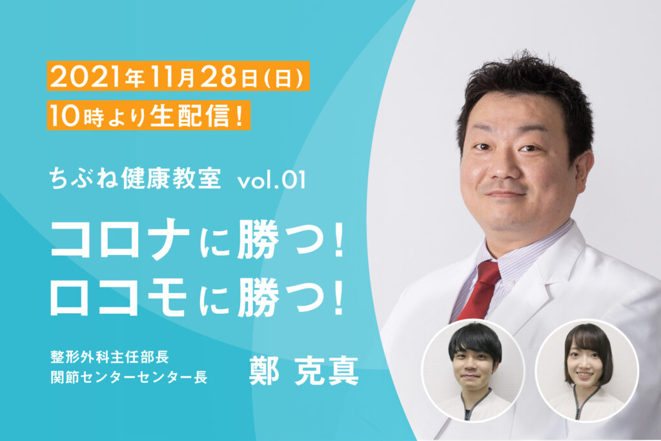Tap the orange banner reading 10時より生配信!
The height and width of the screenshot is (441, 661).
(149, 115)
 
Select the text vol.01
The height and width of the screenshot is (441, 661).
(272, 180)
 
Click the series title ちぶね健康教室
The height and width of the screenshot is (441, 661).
(135, 178)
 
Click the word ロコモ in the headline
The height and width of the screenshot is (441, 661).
(119, 296)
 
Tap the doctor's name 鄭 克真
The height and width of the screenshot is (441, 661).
(304, 371)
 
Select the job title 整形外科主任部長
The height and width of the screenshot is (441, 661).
(110, 356)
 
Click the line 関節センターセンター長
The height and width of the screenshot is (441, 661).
(129, 377)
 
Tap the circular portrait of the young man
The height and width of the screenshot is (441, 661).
(473, 371)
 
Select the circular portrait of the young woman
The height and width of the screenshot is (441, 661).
(587, 371)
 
